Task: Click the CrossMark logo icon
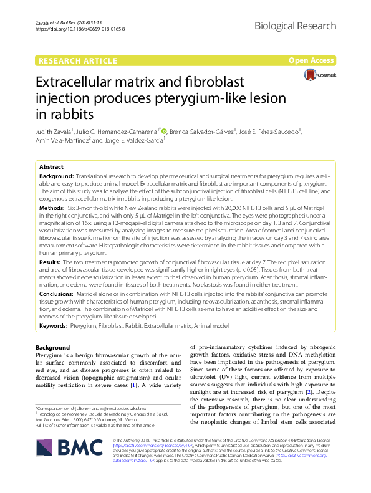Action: pos(314,75)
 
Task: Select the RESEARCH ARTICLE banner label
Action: pos(77,60)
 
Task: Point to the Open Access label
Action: pos(311,60)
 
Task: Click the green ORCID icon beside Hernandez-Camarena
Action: pos(165,130)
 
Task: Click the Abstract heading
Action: pos(51,168)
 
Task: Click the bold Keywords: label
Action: pos(54,325)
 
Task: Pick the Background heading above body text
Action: pos(53,347)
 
